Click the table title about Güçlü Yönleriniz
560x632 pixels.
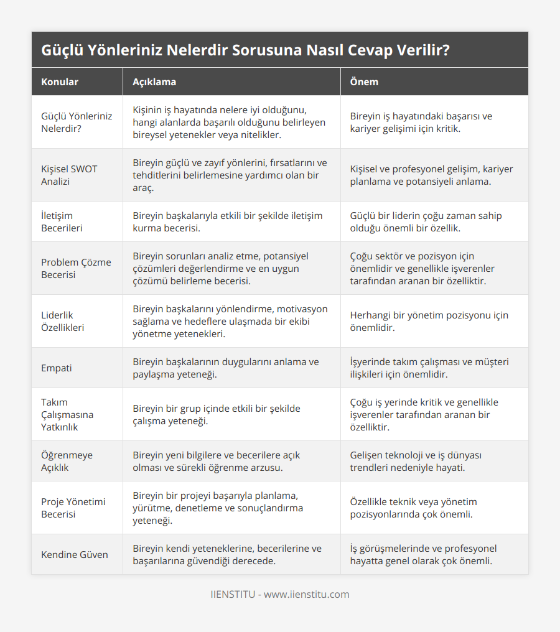click(x=245, y=50)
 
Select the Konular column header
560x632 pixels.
click(x=60, y=82)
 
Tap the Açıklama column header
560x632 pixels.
click(x=154, y=82)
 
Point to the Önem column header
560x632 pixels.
click(x=364, y=82)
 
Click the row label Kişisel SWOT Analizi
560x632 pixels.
click(x=69, y=175)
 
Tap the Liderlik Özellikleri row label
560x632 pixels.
click(x=63, y=321)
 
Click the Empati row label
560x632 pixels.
click(x=57, y=368)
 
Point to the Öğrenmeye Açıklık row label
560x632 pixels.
click(x=67, y=461)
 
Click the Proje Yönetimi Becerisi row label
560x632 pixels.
click(x=72, y=508)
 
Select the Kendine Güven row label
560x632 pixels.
click(x=75, y=554)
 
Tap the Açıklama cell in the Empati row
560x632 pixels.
click(x=226, y=368)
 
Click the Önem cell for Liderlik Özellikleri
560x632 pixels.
click(x=429, y=321)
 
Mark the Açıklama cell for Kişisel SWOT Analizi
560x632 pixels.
click(x=230, y=175)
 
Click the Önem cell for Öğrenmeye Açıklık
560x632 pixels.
click(x=416, y=461)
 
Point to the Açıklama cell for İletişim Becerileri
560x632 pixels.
click(x=227, y=221)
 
